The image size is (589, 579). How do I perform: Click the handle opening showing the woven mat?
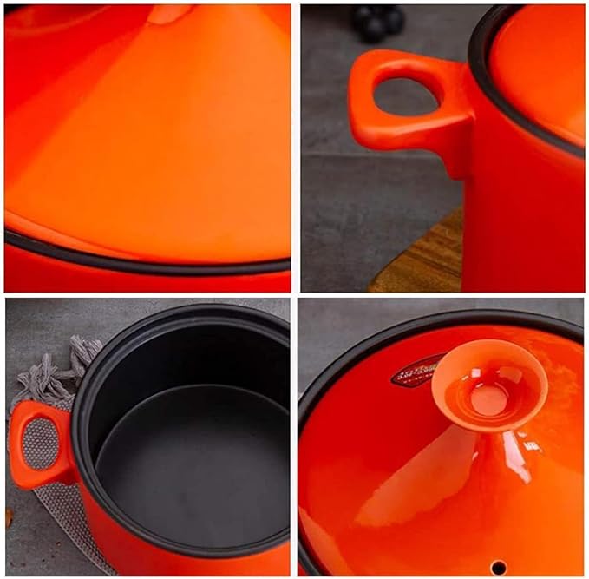pos(36,443)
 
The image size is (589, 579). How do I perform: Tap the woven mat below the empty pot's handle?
pos(65,521)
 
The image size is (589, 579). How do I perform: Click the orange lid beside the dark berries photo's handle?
pos(538,69)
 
